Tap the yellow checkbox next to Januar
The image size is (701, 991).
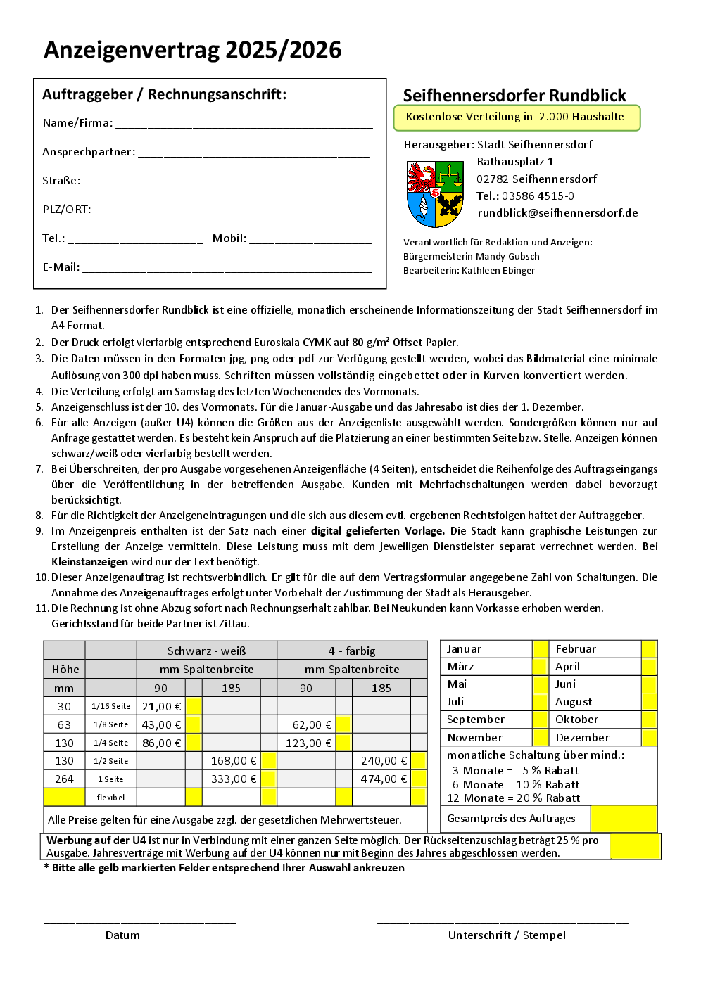click(x=541, y=648)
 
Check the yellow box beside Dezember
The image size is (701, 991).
click(x=649, y=737)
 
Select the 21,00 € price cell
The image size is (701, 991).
click(x=161, y=706)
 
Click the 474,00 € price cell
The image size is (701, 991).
click(x=384, y=779)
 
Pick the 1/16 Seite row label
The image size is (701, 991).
click(x=110, y=706)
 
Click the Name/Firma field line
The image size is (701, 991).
click(x=244, y=124)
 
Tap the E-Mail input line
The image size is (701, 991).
click(x=227, y=268)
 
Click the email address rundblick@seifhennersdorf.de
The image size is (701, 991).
click(x=557, y=213)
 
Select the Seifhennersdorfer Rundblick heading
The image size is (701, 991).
click(x=514, y=96)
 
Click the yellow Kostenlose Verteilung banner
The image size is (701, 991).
click(x=517, y=117)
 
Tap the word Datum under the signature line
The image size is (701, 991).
click(x=122, y=935)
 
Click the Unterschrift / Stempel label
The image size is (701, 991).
click(x=507, y=935)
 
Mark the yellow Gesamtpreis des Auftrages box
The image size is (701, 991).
click(x=624, y=819)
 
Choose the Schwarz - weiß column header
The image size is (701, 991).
click(x=206, y=651)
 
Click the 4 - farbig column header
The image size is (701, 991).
click(x=351, y=651)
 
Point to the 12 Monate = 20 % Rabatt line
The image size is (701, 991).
click(x=513, y=798)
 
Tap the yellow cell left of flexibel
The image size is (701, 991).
click(x=64, y=797)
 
